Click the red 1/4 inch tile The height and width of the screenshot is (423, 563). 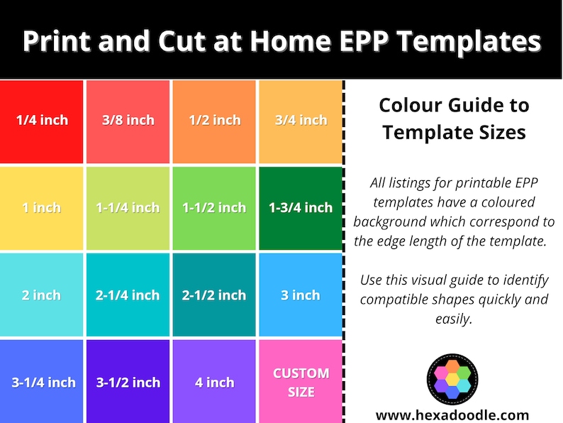42,121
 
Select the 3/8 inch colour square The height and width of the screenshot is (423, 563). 128,121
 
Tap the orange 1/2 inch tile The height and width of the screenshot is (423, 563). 214,121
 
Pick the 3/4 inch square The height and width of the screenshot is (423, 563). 301,121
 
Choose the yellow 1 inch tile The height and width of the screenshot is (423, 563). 42,209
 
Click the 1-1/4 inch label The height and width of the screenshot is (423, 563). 128,208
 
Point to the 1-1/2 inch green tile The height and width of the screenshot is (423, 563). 214,209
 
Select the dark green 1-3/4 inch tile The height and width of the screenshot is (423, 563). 301,209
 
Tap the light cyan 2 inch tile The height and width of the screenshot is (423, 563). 42,295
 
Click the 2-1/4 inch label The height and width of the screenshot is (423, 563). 128,295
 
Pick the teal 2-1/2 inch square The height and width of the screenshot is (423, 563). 214,295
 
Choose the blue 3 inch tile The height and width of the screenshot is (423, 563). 301,295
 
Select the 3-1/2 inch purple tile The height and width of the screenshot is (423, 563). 128,382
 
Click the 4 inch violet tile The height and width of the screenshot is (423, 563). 214,382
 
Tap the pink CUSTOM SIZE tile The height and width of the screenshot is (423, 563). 301,382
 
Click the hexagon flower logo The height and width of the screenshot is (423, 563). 452,378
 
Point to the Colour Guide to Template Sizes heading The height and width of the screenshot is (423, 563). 454,119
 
